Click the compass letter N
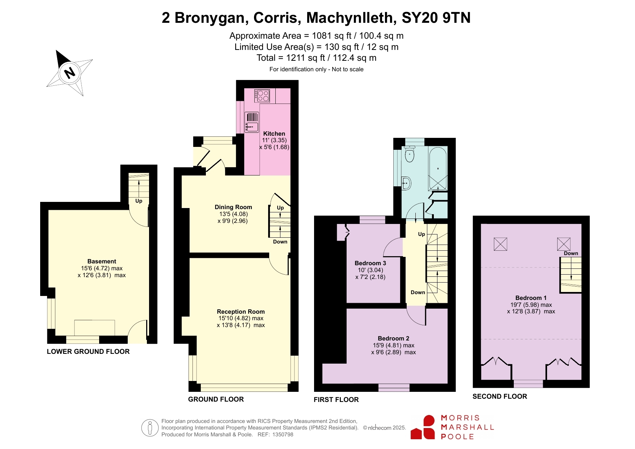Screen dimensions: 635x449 (69, 73)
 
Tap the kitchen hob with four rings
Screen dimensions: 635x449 (262, 96)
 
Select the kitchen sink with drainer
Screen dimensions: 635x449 (252, 122)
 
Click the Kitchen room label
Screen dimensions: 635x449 (274, 134)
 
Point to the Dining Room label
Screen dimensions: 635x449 (233, 207)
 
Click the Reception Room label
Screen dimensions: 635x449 (241, 312)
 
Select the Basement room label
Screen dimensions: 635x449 (102, 261)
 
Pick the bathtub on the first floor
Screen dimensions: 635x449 (438, 169)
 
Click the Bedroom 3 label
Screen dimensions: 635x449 (370, 263)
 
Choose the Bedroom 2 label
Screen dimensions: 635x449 (393, 338)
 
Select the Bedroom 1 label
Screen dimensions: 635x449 (531, 298)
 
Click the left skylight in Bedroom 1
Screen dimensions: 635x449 (500, 244)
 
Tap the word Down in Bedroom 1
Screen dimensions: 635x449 (571, 253)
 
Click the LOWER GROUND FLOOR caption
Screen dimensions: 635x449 (88, 351)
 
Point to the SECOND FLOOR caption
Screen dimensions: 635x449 (500, 396)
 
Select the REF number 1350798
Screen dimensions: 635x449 (282, 435)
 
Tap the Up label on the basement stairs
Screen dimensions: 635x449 (139, 201)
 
